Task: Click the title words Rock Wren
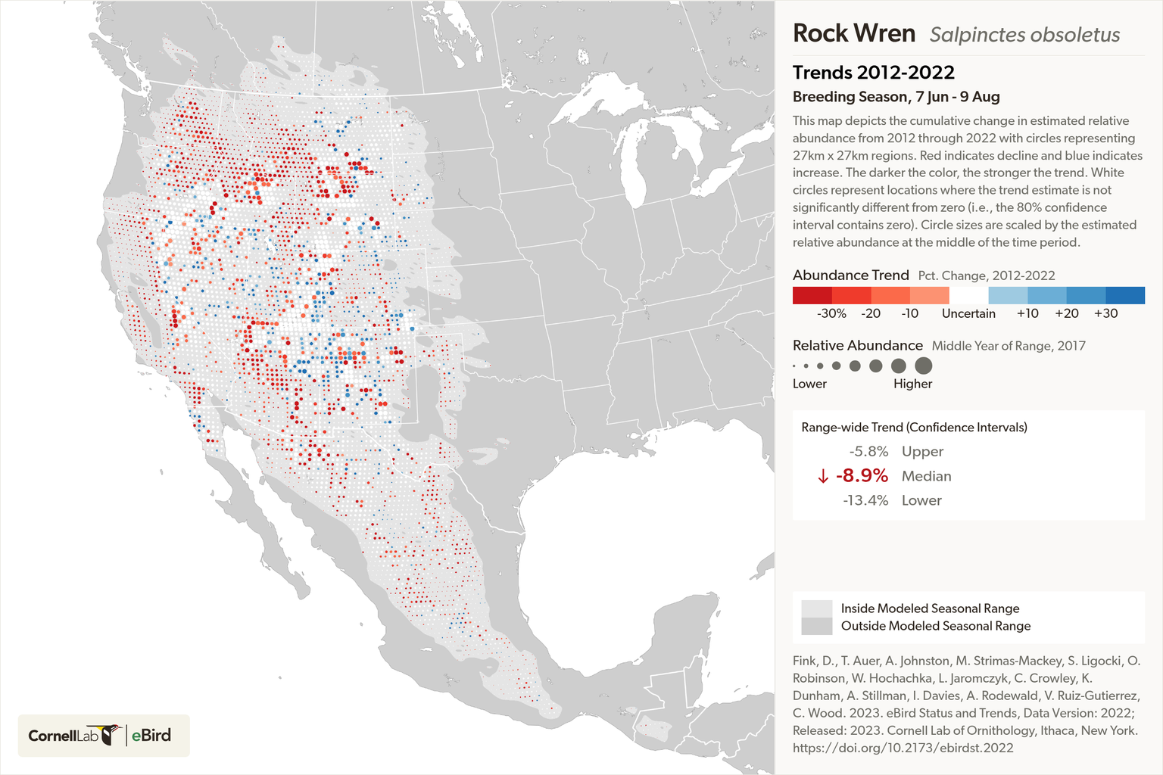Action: [x=853, y=33]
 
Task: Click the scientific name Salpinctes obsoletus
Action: [x=1024, y=35]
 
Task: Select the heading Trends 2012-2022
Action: [x=873, y=73]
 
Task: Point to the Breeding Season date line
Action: [x=896, y=97]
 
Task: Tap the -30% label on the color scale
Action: [x=831, y=313]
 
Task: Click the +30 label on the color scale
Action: [x=1105, y=313]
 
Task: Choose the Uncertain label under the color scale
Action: [x=968, y=313]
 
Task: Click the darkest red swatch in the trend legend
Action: [x=812, y=295]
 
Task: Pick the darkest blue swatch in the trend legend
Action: [x=1125, y=295]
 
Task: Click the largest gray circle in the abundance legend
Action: [x=923, y=366]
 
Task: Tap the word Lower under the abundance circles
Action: [x=809, y=384]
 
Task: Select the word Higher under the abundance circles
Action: [x=912, y=384]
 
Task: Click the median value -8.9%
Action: [x=862, y=475]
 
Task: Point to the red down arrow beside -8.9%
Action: [x=822, y=476]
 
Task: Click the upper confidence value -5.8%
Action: [x=868, y=451]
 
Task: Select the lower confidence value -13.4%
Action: [x=865, y=500]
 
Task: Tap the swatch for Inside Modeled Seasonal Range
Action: [x=816, y=608]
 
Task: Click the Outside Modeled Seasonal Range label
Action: [x=936, y=626]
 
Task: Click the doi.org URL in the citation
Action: [x=903, y=748]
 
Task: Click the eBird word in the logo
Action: [x=151, y=735]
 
